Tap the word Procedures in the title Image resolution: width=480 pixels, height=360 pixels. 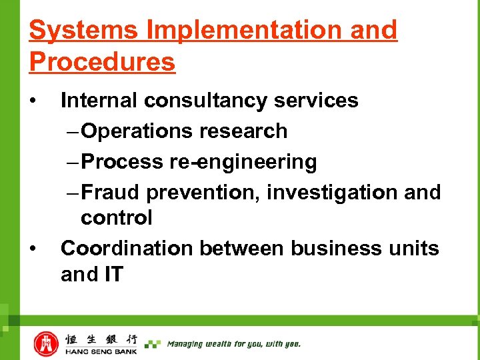(102, 62)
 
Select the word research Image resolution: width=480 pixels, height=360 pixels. (243, 131)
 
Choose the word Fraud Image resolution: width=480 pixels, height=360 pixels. (111, 193)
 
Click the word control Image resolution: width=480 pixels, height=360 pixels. (116, 218)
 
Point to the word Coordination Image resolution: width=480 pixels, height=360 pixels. (127, 249)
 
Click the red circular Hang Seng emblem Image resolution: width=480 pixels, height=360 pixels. (46, 343)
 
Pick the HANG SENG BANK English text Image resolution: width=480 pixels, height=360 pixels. (101, 351)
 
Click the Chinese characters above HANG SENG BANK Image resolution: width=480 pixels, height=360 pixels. (101, 339)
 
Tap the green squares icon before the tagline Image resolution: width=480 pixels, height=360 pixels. (153, 344)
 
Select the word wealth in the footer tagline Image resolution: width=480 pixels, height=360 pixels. (223, 344)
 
